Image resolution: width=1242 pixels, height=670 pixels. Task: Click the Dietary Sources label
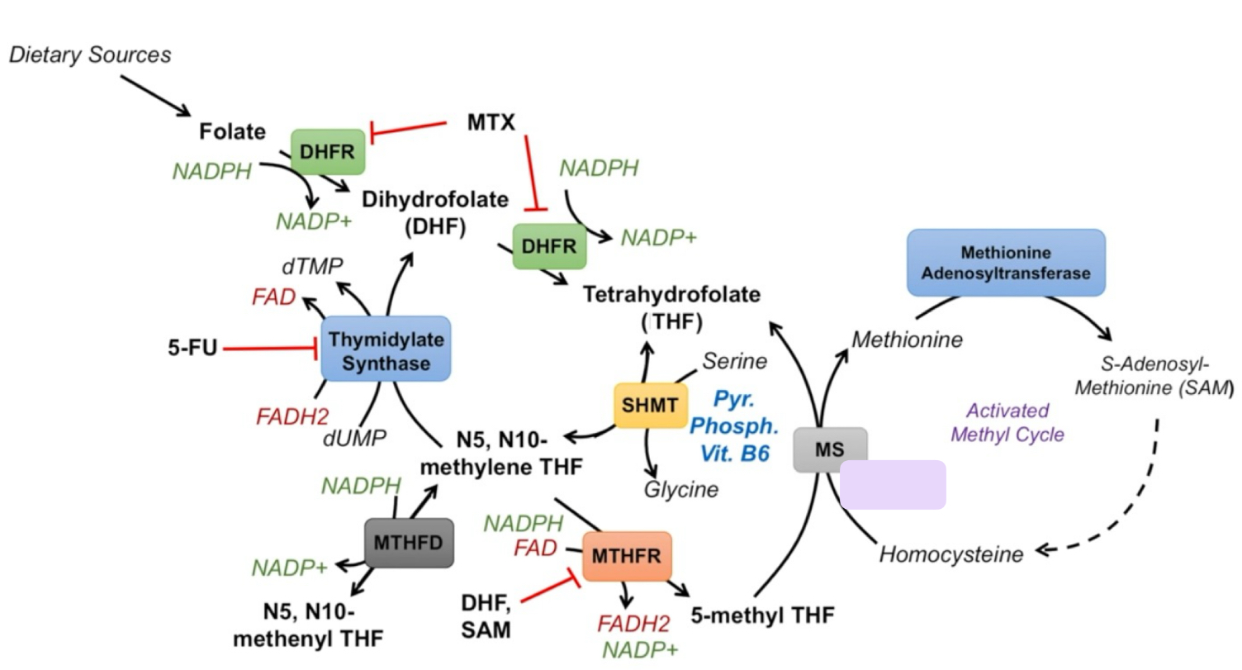(90, 55)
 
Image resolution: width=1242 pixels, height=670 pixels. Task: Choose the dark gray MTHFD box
(409, 543)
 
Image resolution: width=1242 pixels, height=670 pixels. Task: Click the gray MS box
(830, 449)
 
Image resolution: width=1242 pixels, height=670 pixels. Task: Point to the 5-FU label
(190, 348)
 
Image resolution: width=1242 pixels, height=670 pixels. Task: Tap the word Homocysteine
(950, 554)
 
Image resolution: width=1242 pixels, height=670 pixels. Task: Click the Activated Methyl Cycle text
(1007, 422)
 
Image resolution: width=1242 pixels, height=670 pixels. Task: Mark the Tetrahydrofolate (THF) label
(671, 307)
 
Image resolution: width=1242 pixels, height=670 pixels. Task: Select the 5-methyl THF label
(765, 615)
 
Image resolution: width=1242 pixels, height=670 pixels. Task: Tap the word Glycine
(681, 489)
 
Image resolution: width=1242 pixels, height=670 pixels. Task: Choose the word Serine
(735, 361)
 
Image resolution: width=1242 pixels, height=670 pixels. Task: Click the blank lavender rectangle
(893, 485)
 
